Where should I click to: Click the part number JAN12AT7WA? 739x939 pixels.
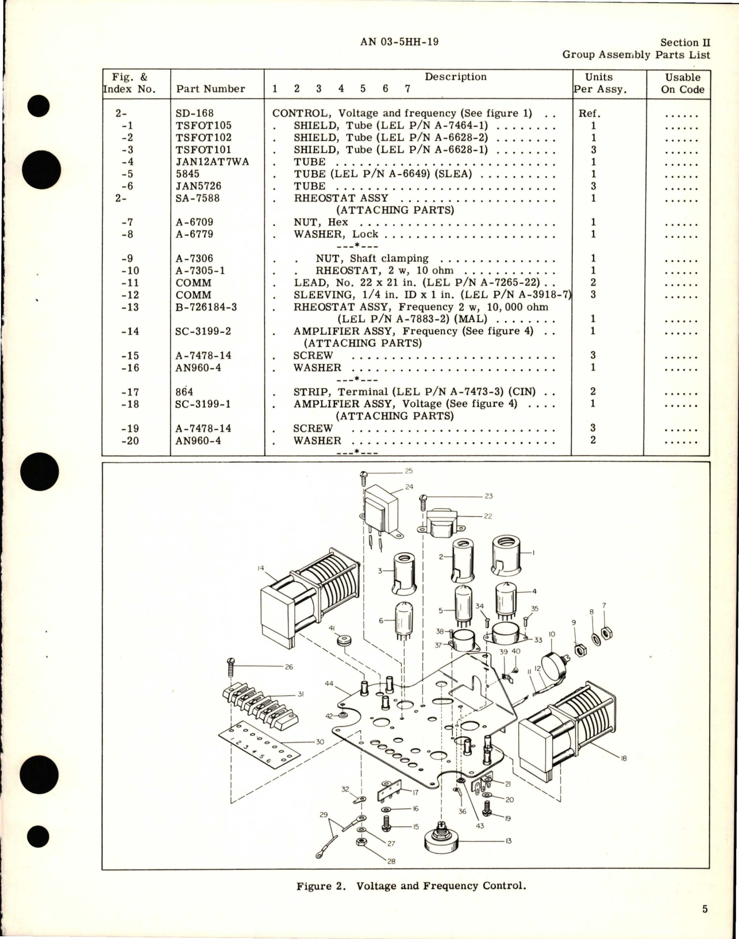click(x=212, y=161)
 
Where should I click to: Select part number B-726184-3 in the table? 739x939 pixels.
click(x=206, y=307)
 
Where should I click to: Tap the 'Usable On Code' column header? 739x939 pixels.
click(x=682, y=83)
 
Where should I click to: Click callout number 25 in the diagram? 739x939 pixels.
click(x=409, y=471)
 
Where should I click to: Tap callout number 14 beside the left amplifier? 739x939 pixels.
click(x=261, y=568)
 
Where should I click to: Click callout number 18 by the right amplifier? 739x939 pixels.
click(x=624, y=758)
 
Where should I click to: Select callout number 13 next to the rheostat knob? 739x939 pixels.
click(x=508, y=841)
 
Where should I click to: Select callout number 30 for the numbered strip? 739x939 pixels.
click(x=320, y=741)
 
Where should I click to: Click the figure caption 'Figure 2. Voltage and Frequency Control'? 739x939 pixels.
click(x=411, y=886)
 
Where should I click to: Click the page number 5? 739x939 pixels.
click(x=705, y=909)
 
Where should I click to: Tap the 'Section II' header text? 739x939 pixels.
click(x=685, y=42)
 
